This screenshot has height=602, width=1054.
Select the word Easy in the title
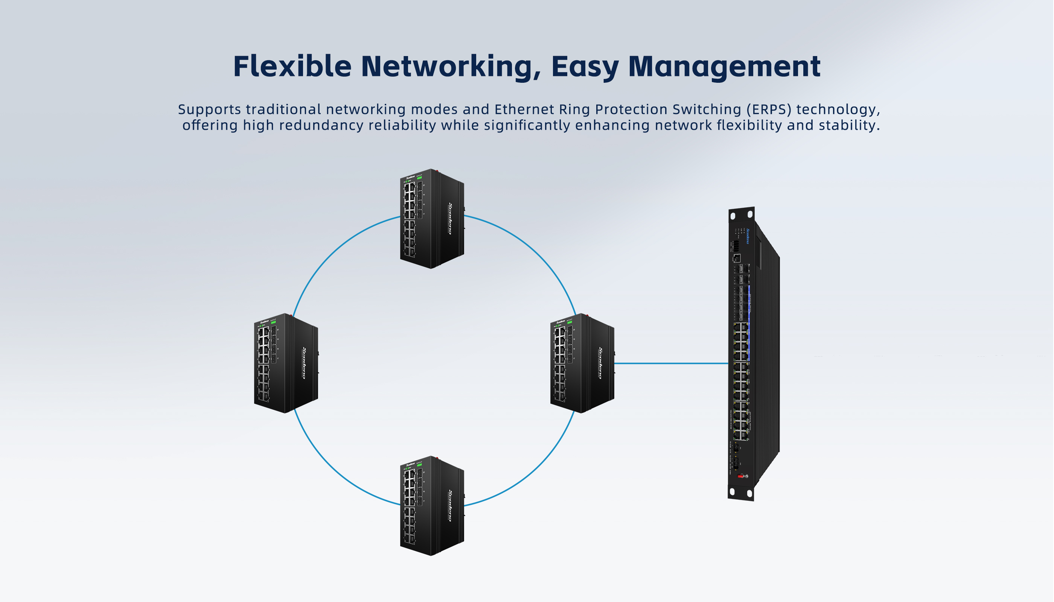(585, 67)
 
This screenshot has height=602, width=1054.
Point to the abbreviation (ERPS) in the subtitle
(769, 109)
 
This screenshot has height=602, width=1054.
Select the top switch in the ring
(431, 219)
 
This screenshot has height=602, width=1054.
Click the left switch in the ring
(285, 363)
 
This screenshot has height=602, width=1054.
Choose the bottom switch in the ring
(431, 506)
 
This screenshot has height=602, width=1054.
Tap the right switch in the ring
(582, 363)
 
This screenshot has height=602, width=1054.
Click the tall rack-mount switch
(753, 356)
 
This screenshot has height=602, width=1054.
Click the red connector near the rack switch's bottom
(740, 476)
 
